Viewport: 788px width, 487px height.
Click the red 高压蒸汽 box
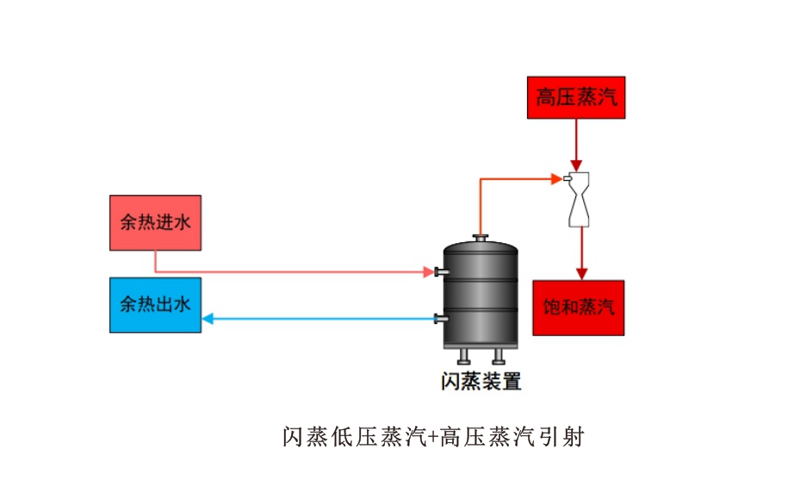(x=576, y=97)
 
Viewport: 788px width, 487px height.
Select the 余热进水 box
(x=155, y=222)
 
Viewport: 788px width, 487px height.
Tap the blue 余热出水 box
(x=155, y=304)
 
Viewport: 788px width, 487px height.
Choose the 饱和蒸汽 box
(x=579, y=308)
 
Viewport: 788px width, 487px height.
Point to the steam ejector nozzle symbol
(x=578, y=199)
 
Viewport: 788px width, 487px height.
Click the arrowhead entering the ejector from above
(x=577, y=165)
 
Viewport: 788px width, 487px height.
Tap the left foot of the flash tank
(x=463, y=355)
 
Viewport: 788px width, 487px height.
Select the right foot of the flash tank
(x=498, y=355)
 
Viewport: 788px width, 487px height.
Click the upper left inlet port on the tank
(x=439, y=272)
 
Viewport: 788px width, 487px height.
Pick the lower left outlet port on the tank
(x=439, y=320)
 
